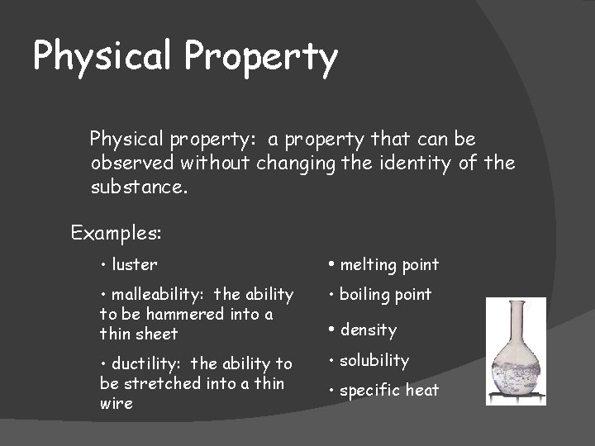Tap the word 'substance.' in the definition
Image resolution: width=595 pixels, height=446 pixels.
[x=139, y=187]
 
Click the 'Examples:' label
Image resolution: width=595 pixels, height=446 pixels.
[x=116, y=233]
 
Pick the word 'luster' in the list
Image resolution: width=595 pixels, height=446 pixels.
[x=134, y=264]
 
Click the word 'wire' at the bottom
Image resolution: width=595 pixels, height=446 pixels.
[x=116, y=403]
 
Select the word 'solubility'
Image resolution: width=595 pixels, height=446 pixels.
[x=374, y=360]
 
